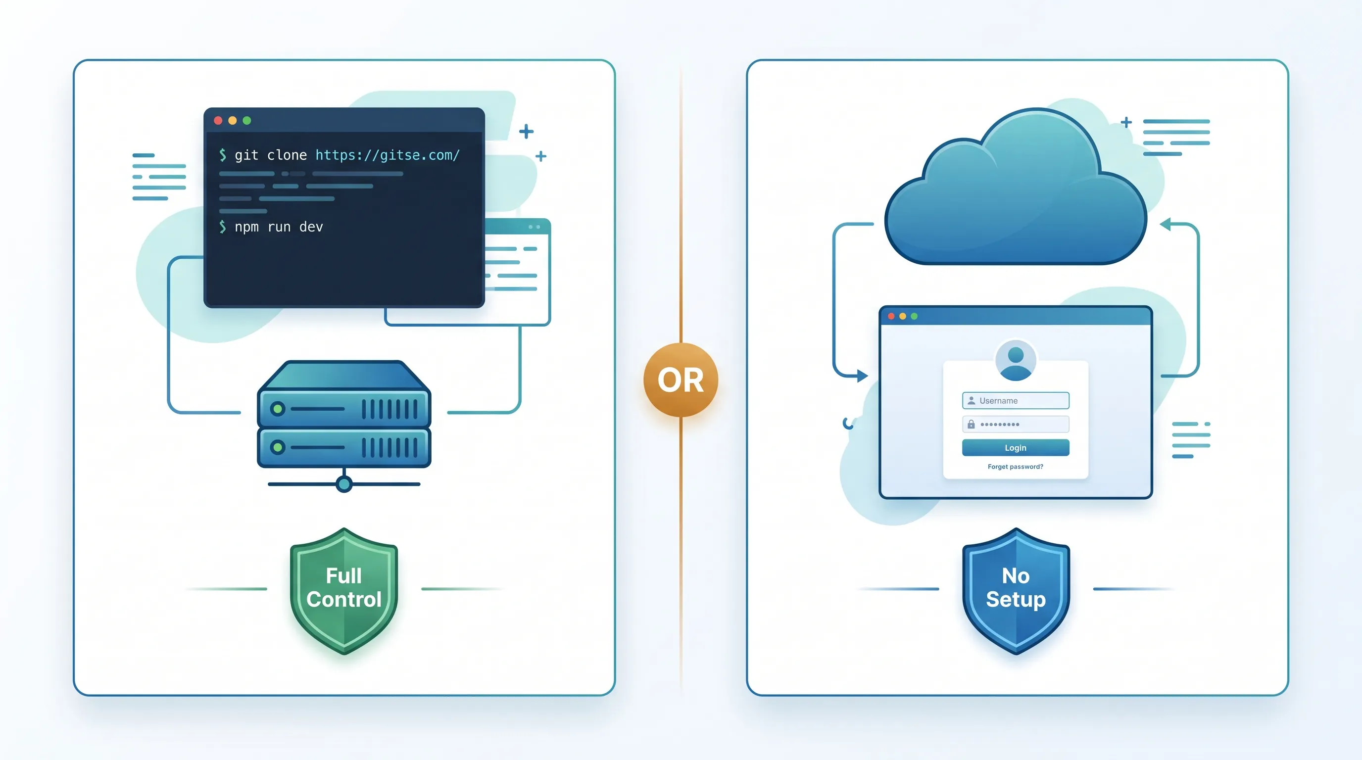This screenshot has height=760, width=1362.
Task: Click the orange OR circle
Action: point(681,380)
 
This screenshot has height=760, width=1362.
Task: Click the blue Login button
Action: point(1015,448)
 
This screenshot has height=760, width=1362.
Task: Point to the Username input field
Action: point(1015,401)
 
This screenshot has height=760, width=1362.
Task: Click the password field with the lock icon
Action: point(1015,425)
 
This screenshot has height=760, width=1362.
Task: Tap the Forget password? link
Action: point(1015,467)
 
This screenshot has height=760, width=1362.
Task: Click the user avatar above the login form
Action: point(1015,360)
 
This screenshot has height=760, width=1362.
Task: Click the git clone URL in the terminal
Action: point(388,155)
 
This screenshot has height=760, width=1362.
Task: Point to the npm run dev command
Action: point(279,227)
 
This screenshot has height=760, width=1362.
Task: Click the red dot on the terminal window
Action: point(218,121)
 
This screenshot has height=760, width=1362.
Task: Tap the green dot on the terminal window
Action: point(247,121)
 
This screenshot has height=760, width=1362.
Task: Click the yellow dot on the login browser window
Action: point(903,316)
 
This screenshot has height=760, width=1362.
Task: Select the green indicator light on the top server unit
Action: point(278,409)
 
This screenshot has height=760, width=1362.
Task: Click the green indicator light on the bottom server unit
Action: point(278,447)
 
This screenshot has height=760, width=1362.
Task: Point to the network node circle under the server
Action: point(344,483)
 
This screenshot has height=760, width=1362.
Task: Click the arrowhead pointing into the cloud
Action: point(1166,224)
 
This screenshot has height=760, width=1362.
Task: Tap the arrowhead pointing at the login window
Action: point(862,376)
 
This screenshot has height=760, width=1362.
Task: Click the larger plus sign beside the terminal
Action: point(526,131)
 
